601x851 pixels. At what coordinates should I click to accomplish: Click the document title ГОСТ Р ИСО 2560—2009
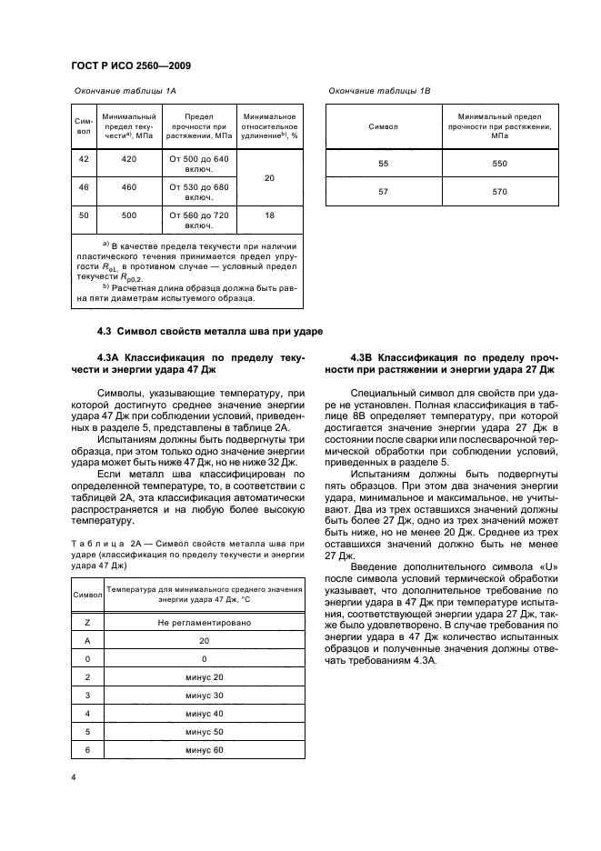click(129, 67)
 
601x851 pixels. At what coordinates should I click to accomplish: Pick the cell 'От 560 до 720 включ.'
click(199, 222)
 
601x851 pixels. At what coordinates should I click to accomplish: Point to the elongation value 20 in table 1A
click(269, 178)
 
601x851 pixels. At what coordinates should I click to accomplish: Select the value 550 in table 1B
click(500, 164)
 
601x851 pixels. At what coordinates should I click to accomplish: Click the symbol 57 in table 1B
click(383, 192)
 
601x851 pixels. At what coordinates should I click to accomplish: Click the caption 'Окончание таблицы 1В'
click(379, 92)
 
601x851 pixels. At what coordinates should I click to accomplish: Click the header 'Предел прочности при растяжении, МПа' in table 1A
click(199, 128)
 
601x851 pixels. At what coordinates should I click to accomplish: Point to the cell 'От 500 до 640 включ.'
click(199, 164)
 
